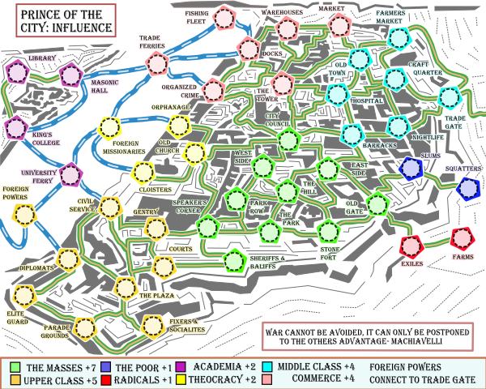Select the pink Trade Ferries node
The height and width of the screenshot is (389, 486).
tap(157, 63)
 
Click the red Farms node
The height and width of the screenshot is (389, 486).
tap(461, 238)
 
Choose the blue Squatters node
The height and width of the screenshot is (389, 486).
tap(467, 189)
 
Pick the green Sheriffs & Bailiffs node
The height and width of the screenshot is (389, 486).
tap(235, 261)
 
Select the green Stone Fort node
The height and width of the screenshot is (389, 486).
tap(328, 229)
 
